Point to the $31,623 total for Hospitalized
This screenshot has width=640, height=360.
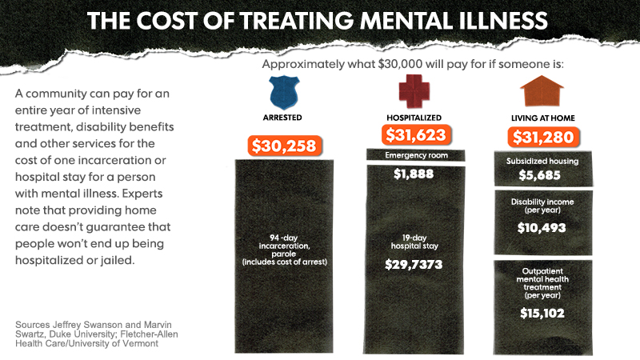[414, 134]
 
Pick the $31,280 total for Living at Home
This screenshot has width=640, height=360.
[542, 137]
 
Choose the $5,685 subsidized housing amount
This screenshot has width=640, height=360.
[542, 174]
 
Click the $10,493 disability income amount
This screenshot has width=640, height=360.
[542, 227]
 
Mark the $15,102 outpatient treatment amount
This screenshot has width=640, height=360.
[542, 313]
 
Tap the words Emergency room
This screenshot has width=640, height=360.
[414, 155]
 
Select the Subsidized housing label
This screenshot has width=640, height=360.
[542, 161]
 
